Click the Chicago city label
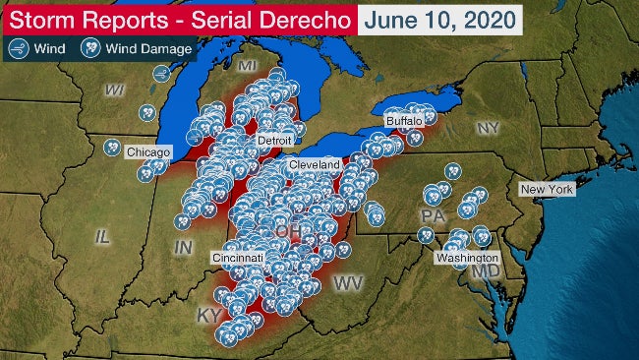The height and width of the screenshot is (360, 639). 148,153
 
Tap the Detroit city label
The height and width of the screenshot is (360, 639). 275,142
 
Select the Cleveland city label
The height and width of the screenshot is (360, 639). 315,164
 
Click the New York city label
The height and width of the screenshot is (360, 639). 547,189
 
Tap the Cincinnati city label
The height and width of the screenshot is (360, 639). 238,258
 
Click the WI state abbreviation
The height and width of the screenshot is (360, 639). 116,90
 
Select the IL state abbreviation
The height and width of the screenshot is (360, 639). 103,236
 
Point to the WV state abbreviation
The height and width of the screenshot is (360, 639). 349,283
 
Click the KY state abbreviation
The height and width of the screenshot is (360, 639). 208,316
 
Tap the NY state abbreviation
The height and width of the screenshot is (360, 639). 488,129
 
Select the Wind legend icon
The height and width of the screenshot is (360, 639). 17,44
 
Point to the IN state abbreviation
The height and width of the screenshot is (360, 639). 183,248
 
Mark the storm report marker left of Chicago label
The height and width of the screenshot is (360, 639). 112,148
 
